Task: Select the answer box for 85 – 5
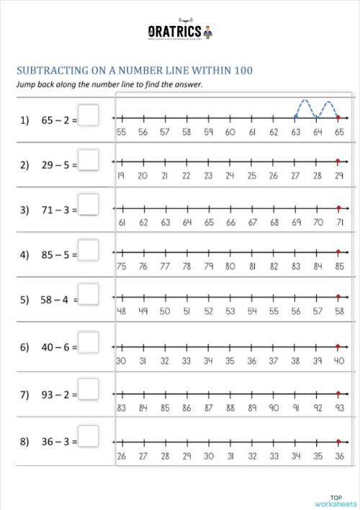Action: click(89, 250)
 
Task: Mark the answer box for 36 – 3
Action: click(89, 435)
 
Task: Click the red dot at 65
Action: click(338, 117)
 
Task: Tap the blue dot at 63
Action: click(295, 117)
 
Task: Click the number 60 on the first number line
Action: click(230, 132)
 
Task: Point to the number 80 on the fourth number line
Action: click(230, 267)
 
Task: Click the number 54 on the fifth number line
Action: click(251, 311)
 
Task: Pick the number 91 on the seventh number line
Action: click(295, 408)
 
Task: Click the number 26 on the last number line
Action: click(121, 456)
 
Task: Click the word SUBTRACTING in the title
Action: click(48, 71)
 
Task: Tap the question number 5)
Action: click(24, 300)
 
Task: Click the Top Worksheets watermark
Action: click(336, 500)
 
